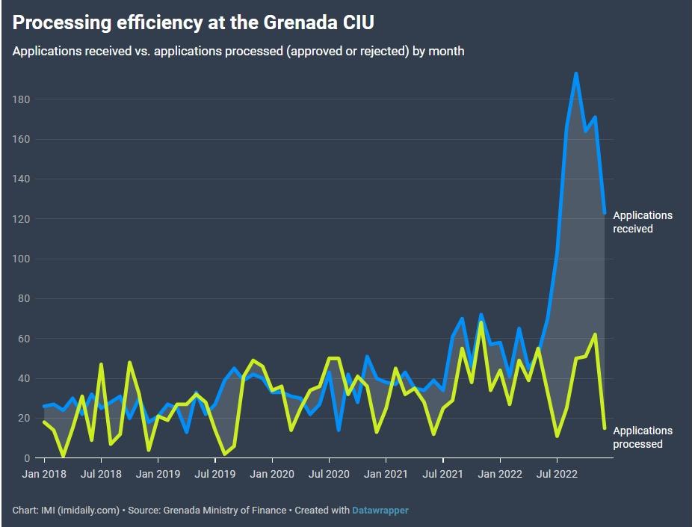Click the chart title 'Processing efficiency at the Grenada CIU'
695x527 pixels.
click(x=193, y=23)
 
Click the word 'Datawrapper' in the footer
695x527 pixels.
click(x=380, y=511)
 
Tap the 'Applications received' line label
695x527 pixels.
click(x=643, y=222)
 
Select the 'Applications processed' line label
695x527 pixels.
click(x=643, y=437)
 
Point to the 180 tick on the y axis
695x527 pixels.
click(x=21, y=99)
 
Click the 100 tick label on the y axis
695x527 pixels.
click(x=21, y=259)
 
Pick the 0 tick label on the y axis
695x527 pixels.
click(x=26, y=458)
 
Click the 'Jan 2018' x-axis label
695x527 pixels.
click(x=43, y=474)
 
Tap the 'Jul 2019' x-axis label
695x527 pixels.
click(x=215, y=474)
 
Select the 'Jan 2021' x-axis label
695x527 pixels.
click(x=386, y=474)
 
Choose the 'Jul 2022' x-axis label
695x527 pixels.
click(x=557, y=474)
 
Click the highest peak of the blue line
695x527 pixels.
click(x=575, y=73)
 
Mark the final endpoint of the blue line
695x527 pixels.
click(x=605, y=213)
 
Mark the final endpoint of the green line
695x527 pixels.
click(x=605, y=428)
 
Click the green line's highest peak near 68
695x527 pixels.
click(x=481, y=323)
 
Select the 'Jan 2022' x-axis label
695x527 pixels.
click(x=500, y=474)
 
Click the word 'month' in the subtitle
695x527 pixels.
click(x=446, y=52)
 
